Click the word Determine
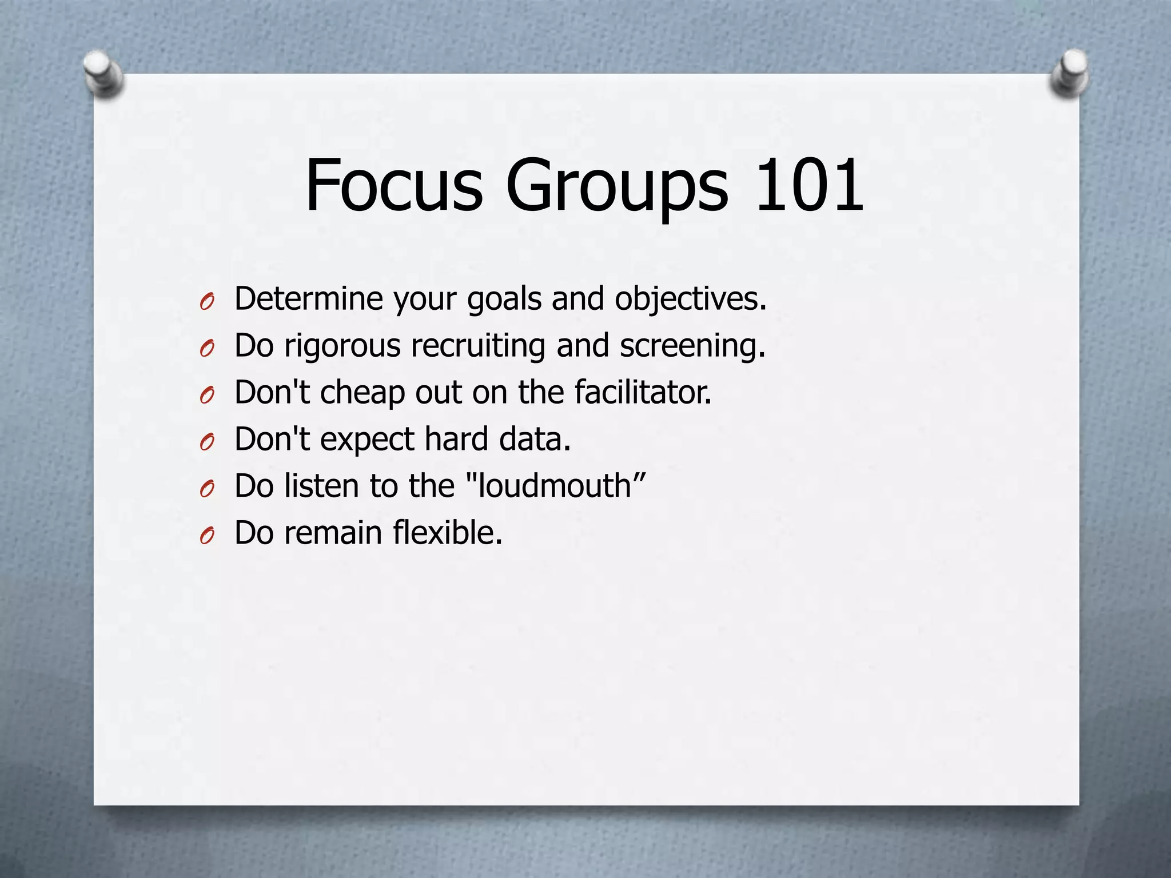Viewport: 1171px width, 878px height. (308, 298)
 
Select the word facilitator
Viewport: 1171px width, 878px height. (643, 392)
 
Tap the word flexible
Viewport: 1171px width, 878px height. (447, 533)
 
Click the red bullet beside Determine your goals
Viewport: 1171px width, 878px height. (207, 301)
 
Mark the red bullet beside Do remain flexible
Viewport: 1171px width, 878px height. (207, 536)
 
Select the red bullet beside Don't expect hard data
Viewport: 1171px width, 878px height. (207, 442)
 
